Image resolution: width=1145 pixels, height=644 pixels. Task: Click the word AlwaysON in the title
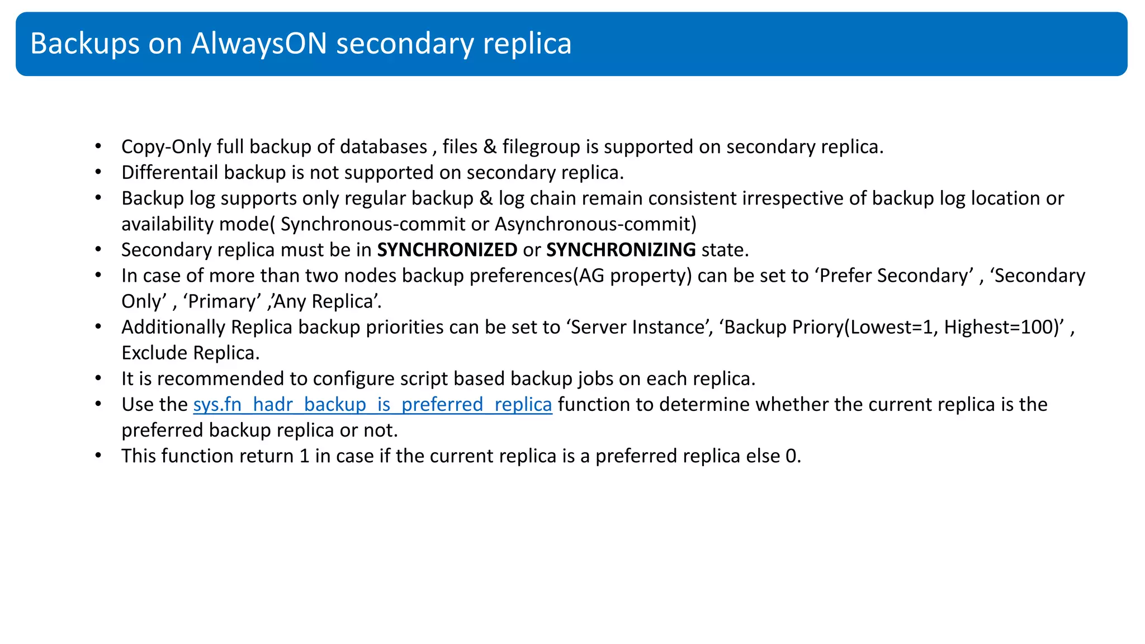[259, 44]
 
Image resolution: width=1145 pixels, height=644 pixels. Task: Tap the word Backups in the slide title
[84, 44]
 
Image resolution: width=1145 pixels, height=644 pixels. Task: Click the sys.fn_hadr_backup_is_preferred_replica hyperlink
[372, 404]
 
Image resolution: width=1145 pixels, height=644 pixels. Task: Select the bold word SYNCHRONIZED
[447, 249]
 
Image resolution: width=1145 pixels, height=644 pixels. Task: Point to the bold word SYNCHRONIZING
[621, 249]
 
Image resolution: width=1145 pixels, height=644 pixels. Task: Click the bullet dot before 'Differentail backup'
[98, 172]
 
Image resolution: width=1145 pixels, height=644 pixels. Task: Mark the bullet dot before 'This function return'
[98, 456]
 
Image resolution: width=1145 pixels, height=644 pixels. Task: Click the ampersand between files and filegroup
[490, 147]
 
